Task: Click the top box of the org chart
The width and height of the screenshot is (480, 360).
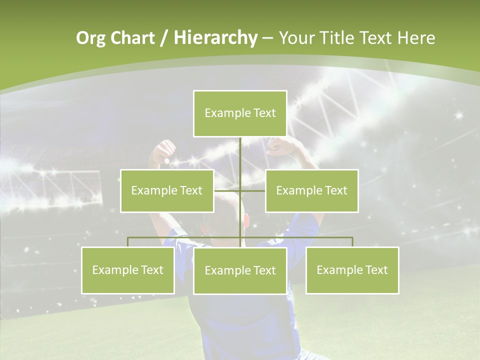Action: pos(240,113)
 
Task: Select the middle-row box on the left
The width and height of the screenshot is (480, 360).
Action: pos(167,190)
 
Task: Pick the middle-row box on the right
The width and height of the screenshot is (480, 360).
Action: pos(311,190)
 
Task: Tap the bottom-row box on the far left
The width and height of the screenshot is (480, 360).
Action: pos(128,270)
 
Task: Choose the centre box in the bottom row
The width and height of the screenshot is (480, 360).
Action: pos(240,270)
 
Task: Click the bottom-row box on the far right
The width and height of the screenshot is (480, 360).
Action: pos(352,270)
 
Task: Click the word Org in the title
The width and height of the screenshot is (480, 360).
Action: pos(90,38)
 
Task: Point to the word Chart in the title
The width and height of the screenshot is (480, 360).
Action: pos(132,38)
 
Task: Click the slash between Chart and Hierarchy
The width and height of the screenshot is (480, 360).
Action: pos(164,38)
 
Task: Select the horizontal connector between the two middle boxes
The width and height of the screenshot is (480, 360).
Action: pos(239,190)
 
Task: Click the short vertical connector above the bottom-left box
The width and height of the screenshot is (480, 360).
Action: pos(128,242)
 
